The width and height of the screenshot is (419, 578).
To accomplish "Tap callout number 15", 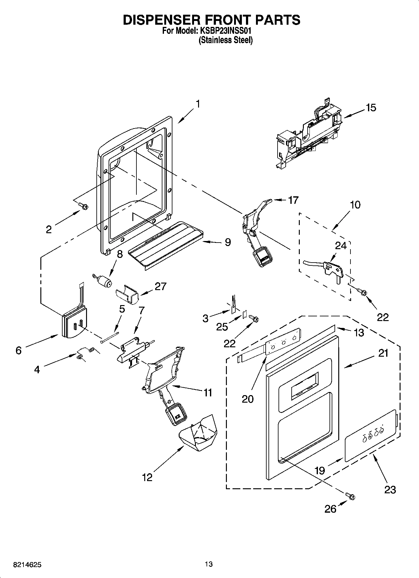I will [371, 108].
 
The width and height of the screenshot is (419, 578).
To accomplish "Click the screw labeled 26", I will [350, 495].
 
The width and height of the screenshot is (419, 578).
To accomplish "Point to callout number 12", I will [147, 477].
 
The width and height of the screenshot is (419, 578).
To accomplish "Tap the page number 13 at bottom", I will [209, 564].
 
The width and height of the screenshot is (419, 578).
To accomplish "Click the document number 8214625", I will [27, 565].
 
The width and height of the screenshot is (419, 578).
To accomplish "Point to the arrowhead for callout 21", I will [345, 366].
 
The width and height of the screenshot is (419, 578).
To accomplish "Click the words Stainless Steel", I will [226, 40].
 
